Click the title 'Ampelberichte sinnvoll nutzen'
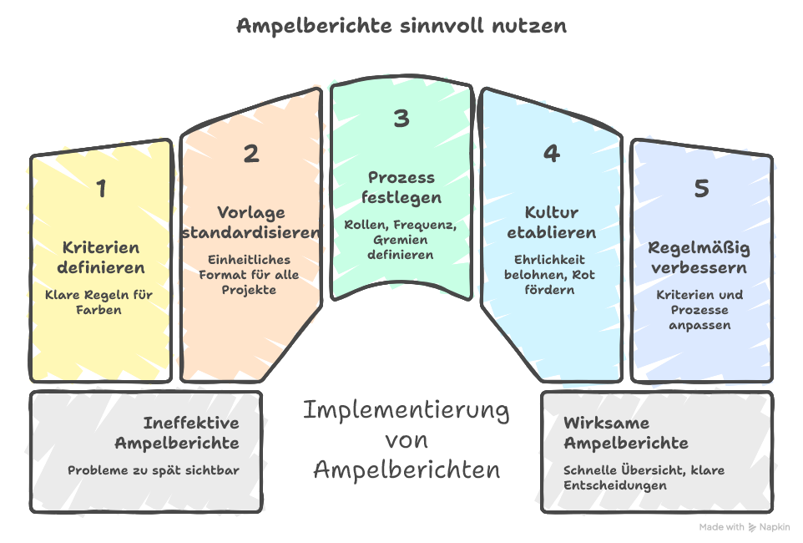(x=401, y=26)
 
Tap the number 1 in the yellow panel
(x=101, y=189)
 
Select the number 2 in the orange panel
(x=251, y=154)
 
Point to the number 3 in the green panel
(x=401, y=119)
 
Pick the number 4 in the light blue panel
(x=551, y=154)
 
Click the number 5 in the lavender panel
(x=701, y=189)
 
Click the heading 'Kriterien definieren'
(x=101, y=258)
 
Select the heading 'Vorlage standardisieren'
(x=251, y=222)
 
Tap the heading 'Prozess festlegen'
(x=401, y=188)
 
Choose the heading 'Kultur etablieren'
(x=551, y=222)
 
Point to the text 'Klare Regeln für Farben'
(x=101, y=302)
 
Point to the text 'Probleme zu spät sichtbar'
(x=154, y=470)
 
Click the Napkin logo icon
(x=753, y=527)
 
